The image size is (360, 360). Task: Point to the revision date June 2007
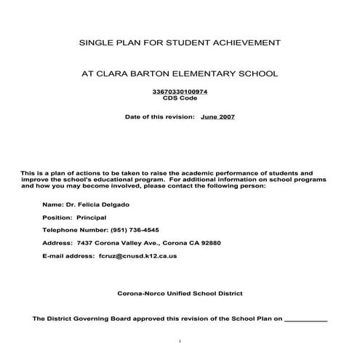(217, 116)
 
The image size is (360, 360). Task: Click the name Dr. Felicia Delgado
(95, 204)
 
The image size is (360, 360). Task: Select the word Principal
(92, 217)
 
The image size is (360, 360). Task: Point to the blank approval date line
(304, 319)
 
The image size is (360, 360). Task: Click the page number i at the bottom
(179, 340)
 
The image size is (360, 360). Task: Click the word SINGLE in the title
(97, 44)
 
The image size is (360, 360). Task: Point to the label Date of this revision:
(159, 116)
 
